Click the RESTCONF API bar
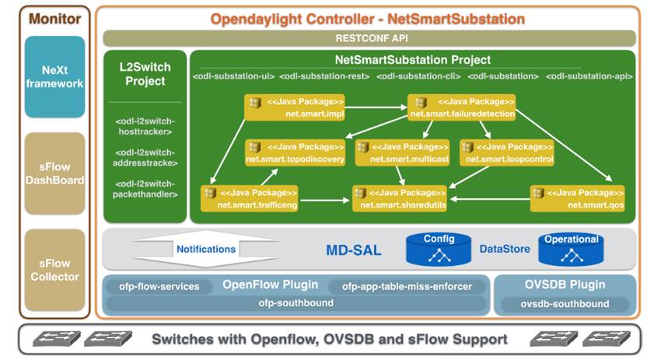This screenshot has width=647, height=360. point(369,37)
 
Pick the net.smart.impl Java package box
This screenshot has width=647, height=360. point(295,107)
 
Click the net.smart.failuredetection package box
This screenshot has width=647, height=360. point(462,107)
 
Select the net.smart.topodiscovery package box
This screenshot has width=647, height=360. point(295,152)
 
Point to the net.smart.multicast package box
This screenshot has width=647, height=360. point(401,152)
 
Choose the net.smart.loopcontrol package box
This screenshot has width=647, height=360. point(507,152)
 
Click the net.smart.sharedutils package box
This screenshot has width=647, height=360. point(400,198)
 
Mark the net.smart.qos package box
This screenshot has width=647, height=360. point(577,198)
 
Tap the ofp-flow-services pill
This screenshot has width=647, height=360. point(159,286)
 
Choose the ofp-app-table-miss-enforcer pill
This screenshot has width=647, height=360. point(407,286)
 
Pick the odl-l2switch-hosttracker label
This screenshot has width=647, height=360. point(145,127)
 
